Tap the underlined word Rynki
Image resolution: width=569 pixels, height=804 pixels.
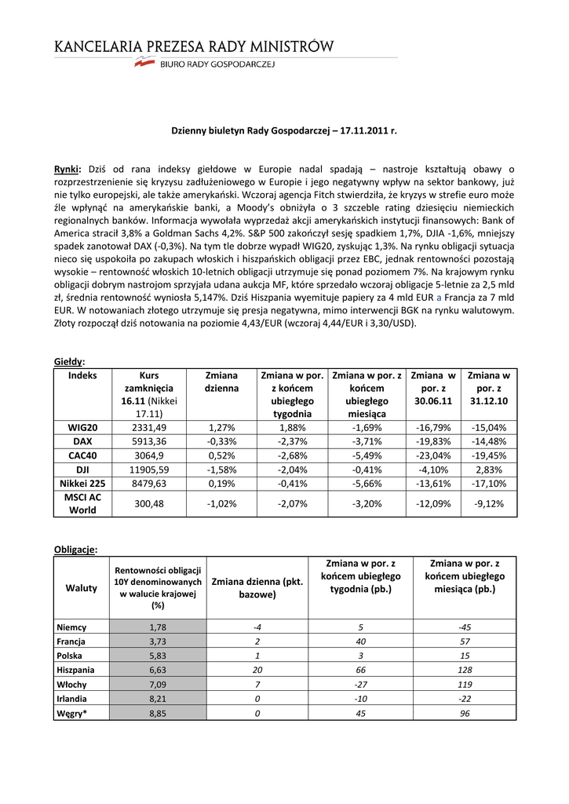point(68,169)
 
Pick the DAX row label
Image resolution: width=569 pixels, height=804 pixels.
point(82,442)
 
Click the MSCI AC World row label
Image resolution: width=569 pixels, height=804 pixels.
point(82,504)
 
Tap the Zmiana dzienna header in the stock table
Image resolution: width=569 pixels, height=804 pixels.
point(222,382)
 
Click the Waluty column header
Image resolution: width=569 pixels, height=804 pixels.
point(82,587)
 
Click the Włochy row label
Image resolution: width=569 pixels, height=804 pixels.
point(71,684)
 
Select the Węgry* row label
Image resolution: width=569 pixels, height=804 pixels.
point(72,712)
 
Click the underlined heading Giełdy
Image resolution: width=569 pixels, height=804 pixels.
point(68,361)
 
